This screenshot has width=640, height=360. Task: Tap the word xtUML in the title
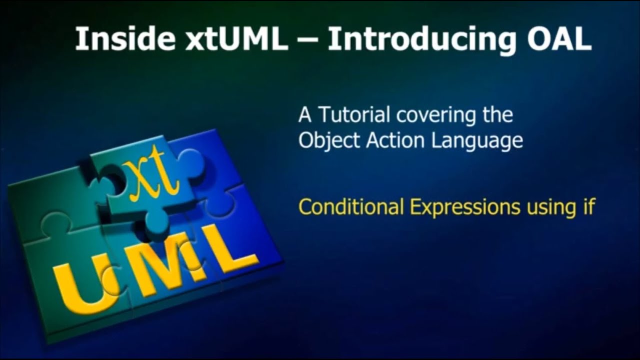pos(236,38)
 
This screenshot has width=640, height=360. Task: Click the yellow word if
pos(589,206)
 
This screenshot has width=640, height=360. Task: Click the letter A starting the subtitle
pos(305,115)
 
